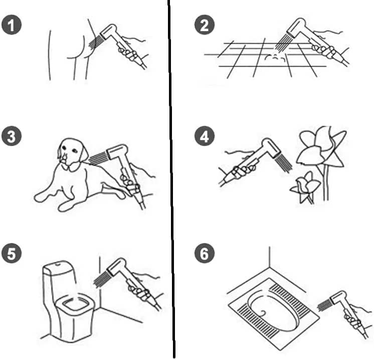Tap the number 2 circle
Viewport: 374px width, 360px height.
pos(204,25)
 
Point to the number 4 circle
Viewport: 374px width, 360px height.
pos(204,137)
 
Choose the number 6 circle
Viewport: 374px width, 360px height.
pos(204,253)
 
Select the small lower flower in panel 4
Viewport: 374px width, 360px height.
pos(304,186)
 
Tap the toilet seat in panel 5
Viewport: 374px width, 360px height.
pos(74,303)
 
